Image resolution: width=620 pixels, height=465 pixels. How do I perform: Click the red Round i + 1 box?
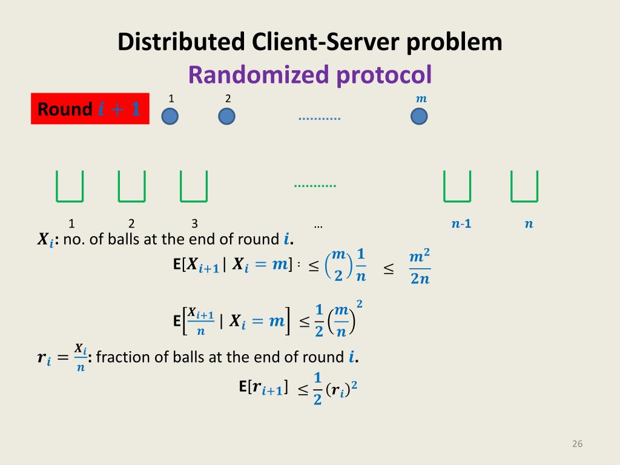pos(90,110)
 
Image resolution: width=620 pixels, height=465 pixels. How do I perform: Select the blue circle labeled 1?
pos(170,116)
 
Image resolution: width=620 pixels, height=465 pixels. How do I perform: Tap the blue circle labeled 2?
pos(226,116)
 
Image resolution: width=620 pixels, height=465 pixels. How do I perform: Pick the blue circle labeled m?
pos(419,116)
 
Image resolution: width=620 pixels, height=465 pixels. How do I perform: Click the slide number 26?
pos(576,444)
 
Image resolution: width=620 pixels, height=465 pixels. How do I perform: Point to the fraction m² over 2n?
pos(420,267)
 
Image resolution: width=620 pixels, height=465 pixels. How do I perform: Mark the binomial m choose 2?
pos(338,266)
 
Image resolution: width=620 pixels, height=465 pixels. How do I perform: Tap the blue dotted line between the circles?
pos(320,119)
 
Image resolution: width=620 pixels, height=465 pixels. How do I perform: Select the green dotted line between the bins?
pos(315,186)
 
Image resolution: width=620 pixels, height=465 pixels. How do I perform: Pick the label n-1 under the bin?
pos(461,224)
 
